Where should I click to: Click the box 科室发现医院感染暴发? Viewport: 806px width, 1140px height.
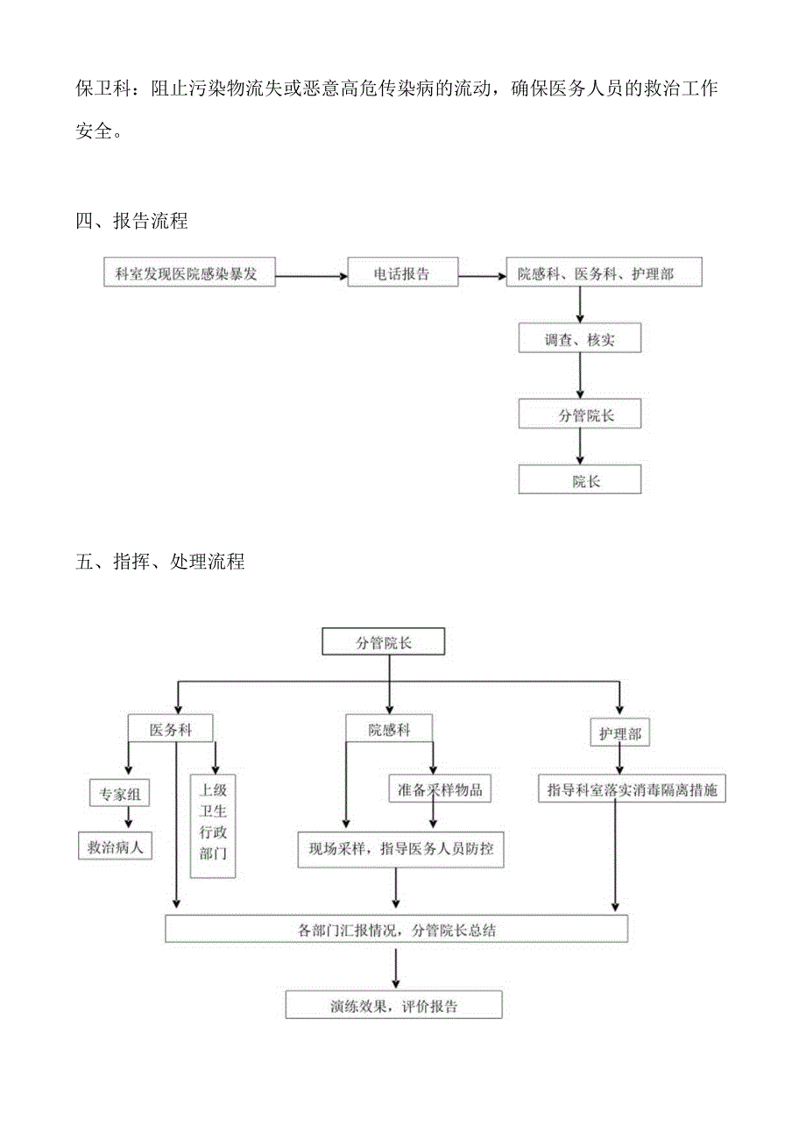tap(187, 273)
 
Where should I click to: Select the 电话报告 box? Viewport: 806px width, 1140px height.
tap(402, 273)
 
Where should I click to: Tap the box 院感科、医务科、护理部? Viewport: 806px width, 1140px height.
tap(596, 273)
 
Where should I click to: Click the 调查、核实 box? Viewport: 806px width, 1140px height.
tap(579, 339)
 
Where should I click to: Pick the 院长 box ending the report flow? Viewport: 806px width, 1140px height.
tap(579, 480)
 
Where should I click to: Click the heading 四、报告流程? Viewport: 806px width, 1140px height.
tap(132, 221)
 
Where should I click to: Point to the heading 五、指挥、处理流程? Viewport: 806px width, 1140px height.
tap(160, 562)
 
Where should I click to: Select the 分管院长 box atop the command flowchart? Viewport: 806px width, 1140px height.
tap(383, 642)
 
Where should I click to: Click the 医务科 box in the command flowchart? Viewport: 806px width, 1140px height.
tap(171, 730)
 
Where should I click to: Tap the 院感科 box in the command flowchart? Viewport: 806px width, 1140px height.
tap(389, 730)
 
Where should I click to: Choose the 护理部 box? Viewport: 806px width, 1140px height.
tap(620, 733)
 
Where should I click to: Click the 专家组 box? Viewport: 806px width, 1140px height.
tap(119, 795)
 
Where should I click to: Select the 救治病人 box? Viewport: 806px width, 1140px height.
tap(115, 847)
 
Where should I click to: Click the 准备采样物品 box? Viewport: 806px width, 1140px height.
tap(440, 789)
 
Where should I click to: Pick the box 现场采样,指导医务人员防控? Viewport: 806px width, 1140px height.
tap(400, 848)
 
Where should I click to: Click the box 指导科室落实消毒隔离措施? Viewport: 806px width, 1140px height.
tap(632, 789)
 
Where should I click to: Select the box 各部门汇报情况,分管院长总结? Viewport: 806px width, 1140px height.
tap(396, 930)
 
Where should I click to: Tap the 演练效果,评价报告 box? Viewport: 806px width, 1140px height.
tap(394, 1005)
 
